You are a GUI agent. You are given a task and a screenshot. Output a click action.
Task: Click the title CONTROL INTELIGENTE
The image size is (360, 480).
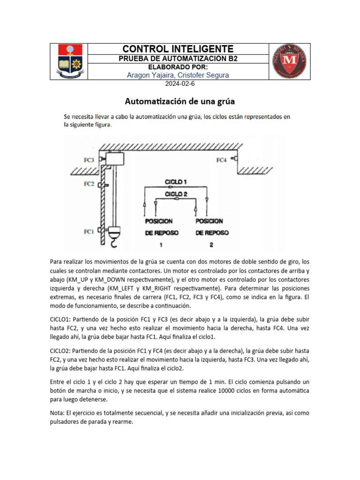click(x=178, y=49)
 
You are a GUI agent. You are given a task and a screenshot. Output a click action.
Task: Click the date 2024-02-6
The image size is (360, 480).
click(x=178, y=84)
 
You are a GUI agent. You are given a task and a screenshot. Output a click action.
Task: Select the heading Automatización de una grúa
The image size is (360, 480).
click(x=180, y=101)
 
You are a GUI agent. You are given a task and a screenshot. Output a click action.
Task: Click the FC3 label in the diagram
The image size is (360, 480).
click(x=89, y=160)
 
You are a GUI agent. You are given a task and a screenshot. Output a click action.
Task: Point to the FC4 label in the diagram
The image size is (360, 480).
click(x=221, y=160)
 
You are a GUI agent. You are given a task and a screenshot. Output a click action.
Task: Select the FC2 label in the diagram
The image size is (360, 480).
click(x=89, y=184)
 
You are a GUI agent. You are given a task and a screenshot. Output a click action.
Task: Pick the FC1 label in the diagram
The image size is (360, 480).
click(x=89, y=232)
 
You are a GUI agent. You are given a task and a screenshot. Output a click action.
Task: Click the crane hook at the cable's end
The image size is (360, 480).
click(x=114, y=242)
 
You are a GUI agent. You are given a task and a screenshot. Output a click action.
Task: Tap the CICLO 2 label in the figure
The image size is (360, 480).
click(x=176, y=193)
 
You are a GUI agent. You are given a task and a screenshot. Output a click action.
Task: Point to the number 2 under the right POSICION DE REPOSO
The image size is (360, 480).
click(x=211, y=244)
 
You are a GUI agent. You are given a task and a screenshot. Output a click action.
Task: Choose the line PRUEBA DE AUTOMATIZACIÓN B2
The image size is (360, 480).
click(x=178, y=59)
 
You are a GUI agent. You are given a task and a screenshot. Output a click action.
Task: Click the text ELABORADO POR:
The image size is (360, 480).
click(x=178, y=67)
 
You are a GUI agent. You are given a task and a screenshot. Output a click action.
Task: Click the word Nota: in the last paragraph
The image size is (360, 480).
click(x=59, y=413)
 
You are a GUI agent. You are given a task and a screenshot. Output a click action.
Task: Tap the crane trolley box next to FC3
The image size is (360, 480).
click(x=114, y=159)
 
